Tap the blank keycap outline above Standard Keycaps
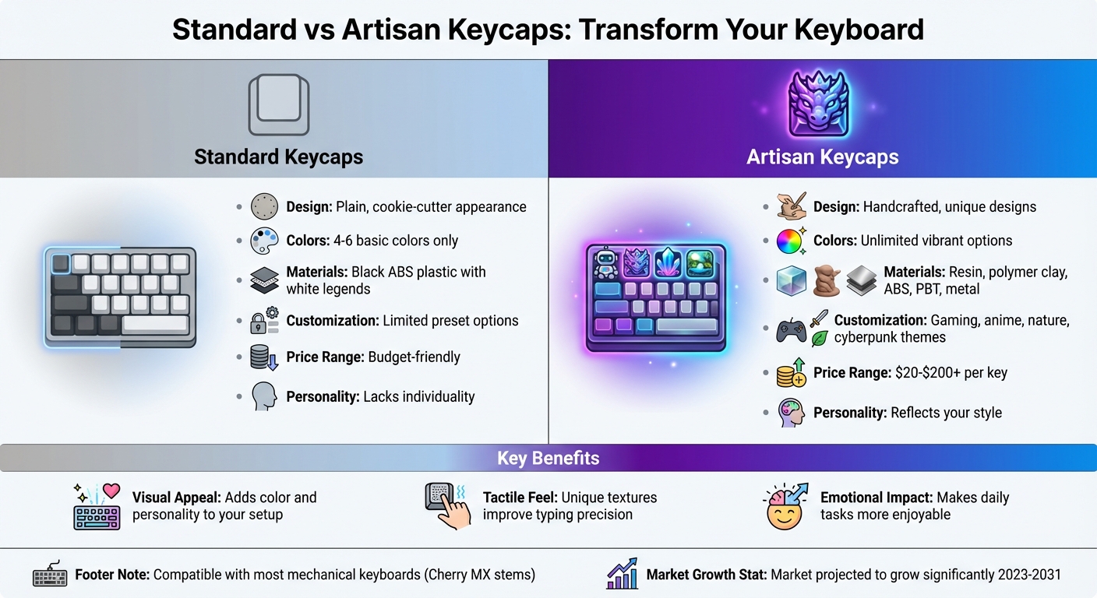pos(278,105)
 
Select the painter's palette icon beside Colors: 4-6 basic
pos(264,241)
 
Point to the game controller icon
pos(792,331)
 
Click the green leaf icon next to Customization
pos(819,339)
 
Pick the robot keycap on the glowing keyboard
pos(605,263)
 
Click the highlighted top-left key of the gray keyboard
pos(61,262)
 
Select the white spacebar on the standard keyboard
pos(155,323)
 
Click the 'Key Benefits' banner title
pos(548,458)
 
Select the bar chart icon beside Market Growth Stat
pos(622,575)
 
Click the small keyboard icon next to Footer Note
pos(50,575)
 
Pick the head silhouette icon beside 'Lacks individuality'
pos(264,396)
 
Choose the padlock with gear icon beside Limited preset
pos(264,321)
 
